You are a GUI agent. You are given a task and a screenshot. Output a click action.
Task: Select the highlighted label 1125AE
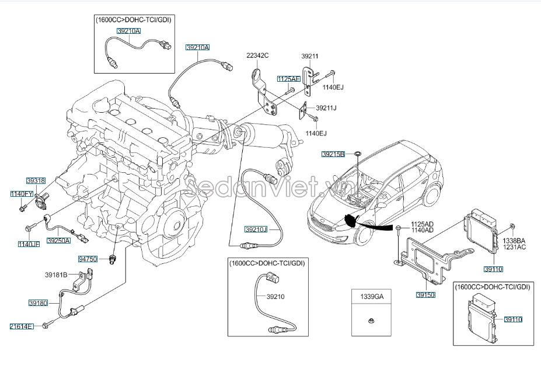289,78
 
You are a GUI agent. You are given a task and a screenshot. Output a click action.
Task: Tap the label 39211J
326,108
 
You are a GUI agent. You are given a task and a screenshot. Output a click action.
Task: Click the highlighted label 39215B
334,154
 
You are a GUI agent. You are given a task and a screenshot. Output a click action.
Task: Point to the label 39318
36,182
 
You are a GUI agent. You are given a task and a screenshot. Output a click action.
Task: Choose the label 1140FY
22,193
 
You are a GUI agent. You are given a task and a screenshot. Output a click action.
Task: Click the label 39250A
58,240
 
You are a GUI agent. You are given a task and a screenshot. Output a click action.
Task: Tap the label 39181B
57,274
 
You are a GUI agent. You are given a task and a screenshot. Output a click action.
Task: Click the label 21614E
22,326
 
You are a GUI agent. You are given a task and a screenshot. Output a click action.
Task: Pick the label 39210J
256,230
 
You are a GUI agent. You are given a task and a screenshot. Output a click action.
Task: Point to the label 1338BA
514,240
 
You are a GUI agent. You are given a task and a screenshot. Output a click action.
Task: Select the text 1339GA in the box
371,297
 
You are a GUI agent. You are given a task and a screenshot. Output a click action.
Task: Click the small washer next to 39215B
358,154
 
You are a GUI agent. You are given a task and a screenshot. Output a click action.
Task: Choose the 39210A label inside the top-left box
128,31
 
